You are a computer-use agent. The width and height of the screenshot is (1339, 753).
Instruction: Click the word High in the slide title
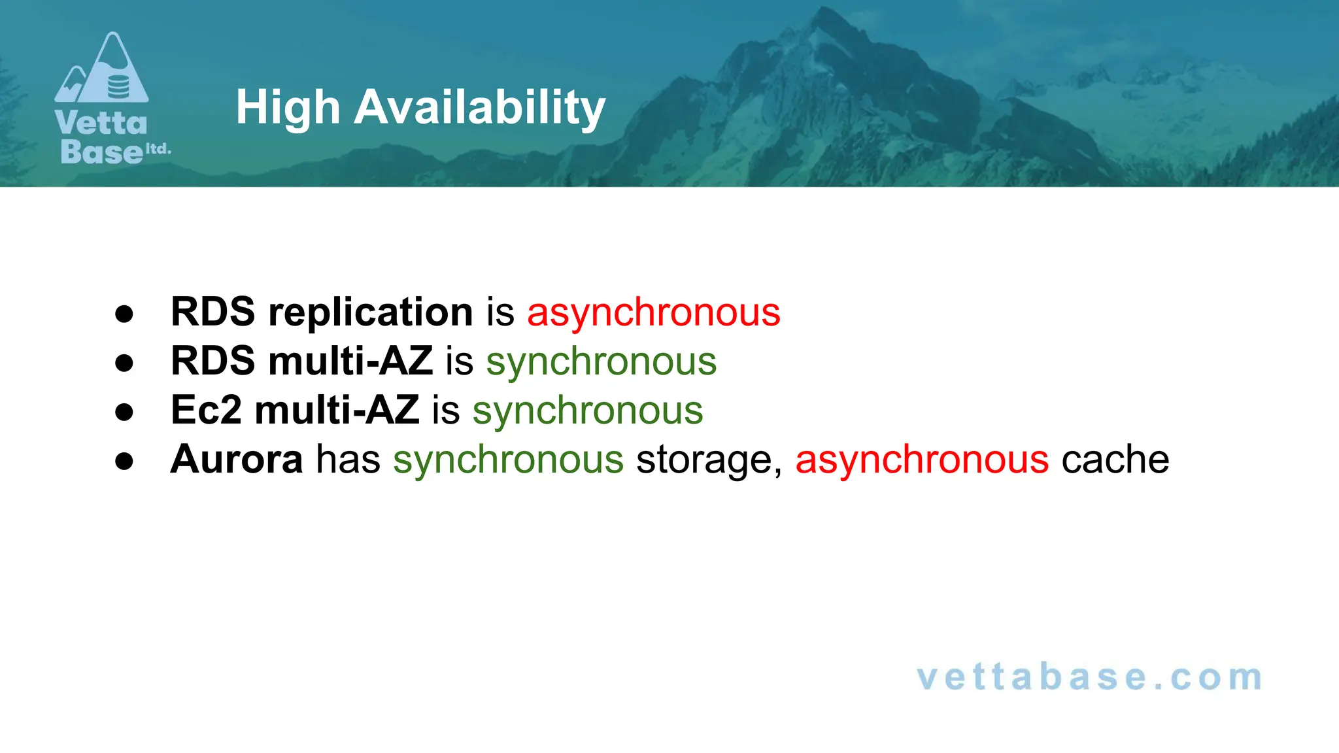(x=288, y=107)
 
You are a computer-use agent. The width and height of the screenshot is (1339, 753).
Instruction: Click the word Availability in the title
(x=479, y=107)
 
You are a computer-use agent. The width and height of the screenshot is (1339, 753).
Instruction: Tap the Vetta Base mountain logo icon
(x=102, y=69)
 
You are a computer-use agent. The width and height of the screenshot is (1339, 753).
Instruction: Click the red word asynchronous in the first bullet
(x=653, y=312)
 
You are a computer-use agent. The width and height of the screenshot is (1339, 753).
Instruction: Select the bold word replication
(x=370, y=312)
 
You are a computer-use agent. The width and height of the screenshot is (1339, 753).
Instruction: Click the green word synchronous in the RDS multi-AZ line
(x=601, y=361)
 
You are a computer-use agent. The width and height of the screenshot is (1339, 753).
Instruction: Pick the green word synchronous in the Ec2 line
(x=587, y=410)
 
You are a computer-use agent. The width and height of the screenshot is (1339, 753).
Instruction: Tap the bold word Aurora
(x=237, y=459)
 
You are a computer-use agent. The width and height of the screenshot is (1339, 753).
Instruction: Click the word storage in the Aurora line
(x=709, y=460)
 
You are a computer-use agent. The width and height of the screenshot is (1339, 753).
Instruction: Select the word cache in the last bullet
(x=1115, y=460)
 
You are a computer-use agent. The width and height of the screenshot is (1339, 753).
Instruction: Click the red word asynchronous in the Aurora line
(x=922, y=460)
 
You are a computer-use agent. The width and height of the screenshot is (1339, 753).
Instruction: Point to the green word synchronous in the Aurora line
(x=508, y=460)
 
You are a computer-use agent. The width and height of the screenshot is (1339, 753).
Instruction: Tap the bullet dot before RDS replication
(x=124, y=314)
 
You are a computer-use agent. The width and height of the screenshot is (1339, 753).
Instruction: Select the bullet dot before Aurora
(x=124, y=461)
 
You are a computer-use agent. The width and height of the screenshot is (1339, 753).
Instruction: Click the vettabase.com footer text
(x=1089, y=677)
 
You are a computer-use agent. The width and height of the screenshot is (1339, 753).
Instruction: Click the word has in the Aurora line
(x=348, y=460)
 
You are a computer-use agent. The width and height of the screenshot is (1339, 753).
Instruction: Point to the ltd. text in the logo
(x=158, y=149)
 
